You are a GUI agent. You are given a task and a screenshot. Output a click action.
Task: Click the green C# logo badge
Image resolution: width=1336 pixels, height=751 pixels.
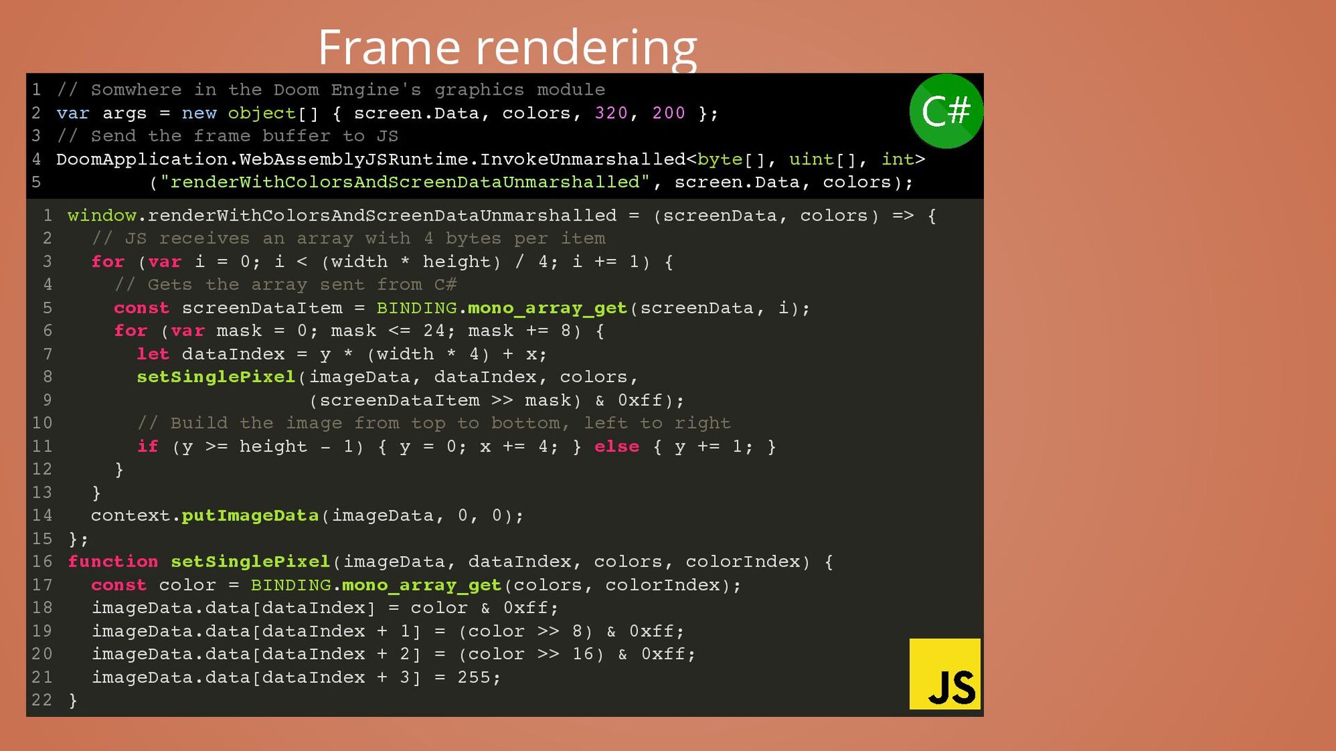pos(946,111)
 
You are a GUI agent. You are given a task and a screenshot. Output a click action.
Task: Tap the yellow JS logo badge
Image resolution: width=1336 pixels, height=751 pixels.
pos(945,674)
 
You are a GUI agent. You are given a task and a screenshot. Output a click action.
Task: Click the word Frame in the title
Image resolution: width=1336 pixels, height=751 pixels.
pos(389,47)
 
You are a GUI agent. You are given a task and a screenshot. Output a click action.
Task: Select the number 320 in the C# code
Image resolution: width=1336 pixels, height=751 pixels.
pos(611,113)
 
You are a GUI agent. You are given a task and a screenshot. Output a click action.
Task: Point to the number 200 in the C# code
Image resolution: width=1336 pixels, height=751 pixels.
pos(669,113)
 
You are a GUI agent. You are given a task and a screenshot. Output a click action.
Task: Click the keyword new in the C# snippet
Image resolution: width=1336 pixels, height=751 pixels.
pos(199,113)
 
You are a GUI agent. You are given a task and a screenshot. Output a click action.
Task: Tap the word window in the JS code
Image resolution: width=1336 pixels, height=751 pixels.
pos(102,216)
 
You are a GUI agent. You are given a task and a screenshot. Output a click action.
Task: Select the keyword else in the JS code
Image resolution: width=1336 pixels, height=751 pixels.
pos(617,446)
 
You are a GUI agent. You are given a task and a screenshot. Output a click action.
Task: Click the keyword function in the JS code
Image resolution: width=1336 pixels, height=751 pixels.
pos(113,562)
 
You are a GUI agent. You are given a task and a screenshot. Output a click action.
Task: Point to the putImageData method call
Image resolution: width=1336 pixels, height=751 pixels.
pos(250,516)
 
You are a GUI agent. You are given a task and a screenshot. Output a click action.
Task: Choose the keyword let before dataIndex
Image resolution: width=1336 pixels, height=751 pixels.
pos(152,354)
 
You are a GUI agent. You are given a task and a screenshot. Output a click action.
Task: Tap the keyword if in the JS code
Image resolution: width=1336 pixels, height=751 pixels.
pos(148,446)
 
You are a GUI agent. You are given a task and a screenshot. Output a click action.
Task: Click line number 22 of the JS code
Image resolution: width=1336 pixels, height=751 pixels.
pos(42,700)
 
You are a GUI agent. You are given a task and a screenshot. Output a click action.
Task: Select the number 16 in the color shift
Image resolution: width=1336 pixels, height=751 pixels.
pos(582,654)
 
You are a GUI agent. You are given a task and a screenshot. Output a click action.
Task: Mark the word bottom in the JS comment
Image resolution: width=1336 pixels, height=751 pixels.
pos(526,423)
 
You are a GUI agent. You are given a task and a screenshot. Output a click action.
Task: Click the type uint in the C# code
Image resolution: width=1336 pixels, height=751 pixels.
pos(811,159)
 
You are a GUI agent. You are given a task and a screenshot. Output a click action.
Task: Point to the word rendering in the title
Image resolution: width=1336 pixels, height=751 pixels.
pos(586,47)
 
